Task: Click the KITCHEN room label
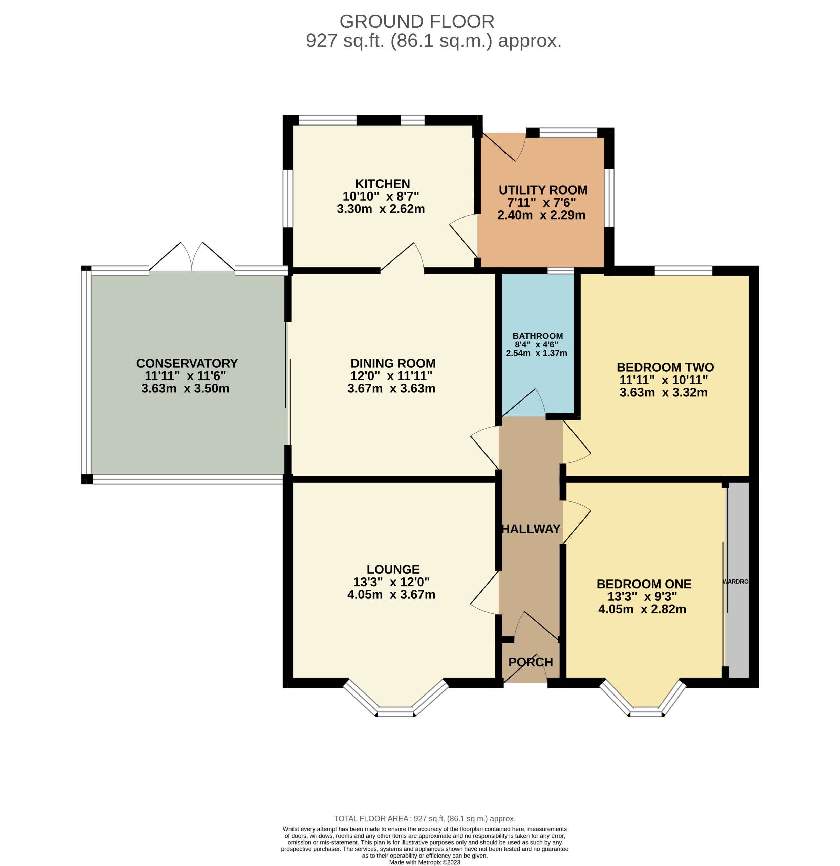click(383, 184)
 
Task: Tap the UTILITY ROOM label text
click(543, 190)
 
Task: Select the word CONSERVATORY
click(187, 363)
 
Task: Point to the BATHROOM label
click(538, 336)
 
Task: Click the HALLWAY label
click(531, 529)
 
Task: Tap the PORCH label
click(531, 662)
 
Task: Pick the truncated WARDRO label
click(736, 582)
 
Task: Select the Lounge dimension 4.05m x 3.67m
click(391, 594)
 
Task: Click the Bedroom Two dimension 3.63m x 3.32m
click(664, 392)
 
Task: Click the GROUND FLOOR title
click(417, 21)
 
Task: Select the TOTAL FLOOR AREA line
click(425, 819)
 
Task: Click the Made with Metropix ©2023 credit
click(425, 862)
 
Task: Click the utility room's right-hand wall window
click(609, 198)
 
